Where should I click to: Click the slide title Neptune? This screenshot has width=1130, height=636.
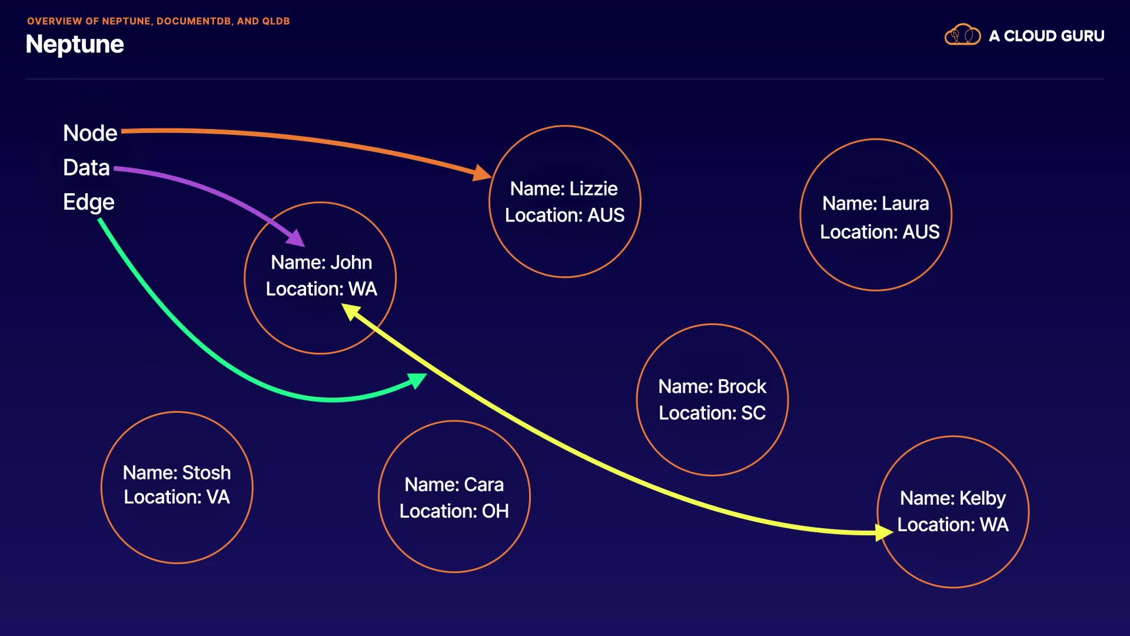(75, 45)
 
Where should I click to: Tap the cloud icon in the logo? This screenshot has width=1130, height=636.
(962, 35)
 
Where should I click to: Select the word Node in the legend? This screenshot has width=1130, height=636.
(90, 133)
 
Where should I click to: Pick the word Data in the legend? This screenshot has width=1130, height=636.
(87, 168)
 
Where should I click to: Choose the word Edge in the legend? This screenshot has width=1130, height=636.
(89, 202)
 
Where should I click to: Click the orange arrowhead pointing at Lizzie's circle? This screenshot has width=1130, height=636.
(483, 173)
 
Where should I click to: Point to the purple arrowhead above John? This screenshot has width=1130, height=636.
(296, 238)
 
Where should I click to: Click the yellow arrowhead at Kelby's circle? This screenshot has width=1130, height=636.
(884, 532)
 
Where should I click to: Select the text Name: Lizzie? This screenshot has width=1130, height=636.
(564, 188)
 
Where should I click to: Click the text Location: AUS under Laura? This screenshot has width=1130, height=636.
(880, 232)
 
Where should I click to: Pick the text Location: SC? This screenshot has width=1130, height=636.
(712, 413)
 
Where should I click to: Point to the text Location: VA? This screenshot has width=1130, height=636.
(177, 497)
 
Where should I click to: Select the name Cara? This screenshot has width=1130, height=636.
(484, 484)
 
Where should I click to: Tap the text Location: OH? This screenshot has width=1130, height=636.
(454, 511)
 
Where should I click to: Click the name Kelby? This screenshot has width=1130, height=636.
(982, 498)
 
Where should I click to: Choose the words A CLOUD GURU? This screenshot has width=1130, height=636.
(1046, 36)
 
